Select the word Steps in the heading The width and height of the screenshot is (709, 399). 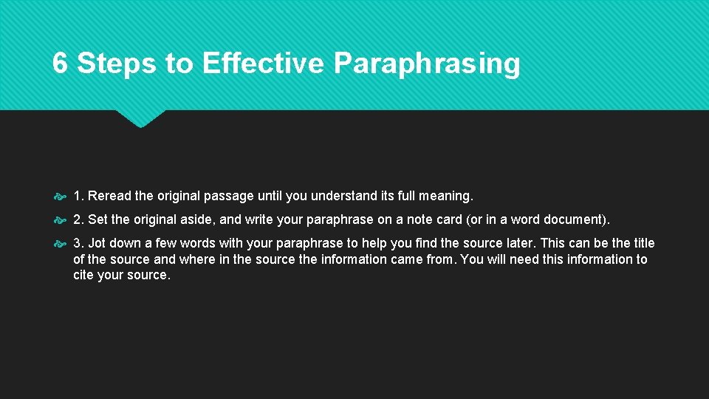[x=117, y=64]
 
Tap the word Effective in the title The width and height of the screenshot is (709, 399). [x=262, y=64]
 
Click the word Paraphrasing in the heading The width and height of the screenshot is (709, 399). [x=427, y=64]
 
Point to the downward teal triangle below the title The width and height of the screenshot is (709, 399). [x=140, y=117]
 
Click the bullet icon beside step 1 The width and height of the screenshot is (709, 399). [x=60, y=197]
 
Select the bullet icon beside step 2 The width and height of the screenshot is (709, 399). [x=60, y=220]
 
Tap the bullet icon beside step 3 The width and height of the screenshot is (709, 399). [x=60, y=244]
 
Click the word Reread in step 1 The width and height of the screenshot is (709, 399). [x=109, y=196]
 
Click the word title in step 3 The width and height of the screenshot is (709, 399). [x=643, y=243]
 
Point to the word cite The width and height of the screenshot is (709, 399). [x=84, y=275]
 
